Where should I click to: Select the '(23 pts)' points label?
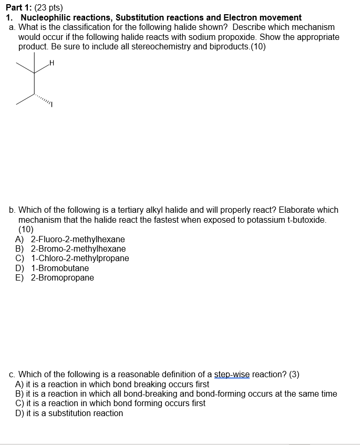coord(50,8)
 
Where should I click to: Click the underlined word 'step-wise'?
coord(232,375)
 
